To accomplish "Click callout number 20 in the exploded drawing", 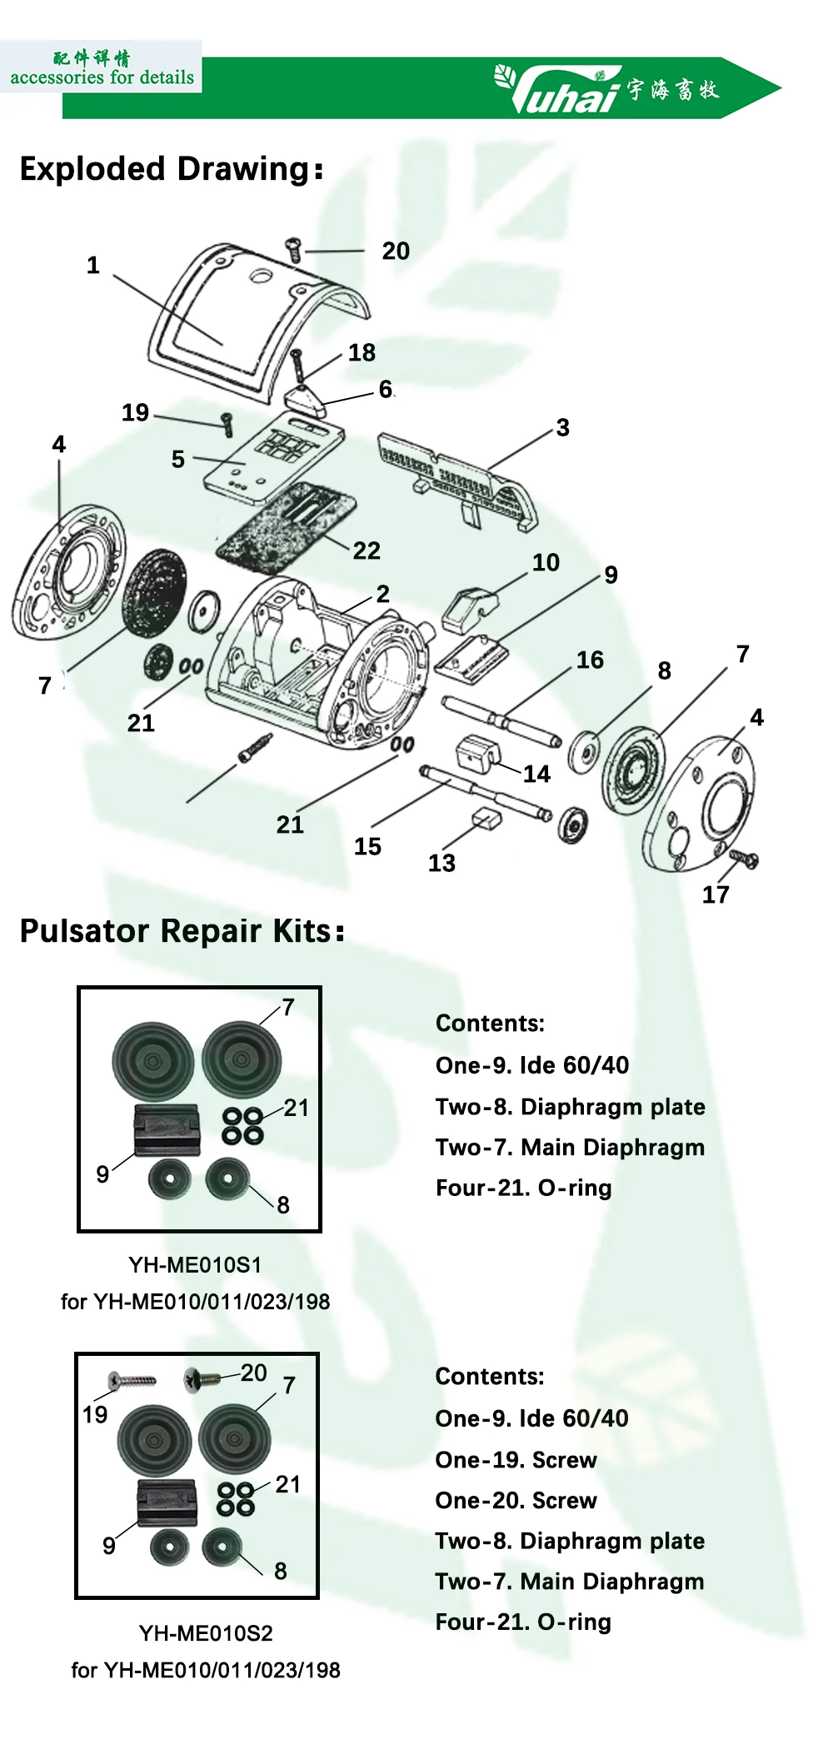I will point(396,251).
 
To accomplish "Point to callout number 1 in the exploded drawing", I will point(93,266).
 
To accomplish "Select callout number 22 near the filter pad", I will point(367,551).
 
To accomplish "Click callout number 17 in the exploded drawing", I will point(715,894).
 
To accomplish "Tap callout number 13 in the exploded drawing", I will point(441,863).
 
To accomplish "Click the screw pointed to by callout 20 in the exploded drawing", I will point(293,249).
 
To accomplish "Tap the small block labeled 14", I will point(478,753).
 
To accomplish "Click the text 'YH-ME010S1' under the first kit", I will point(195,1264).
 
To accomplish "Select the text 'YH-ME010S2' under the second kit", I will point(206,1632).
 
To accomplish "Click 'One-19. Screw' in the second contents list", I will point(516,1459).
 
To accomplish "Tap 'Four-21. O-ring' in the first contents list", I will point(523,1188).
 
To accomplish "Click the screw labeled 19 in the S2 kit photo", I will point(132,1381).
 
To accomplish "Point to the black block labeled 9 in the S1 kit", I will point(167,1129).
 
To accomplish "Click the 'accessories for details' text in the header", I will point(102,77).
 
